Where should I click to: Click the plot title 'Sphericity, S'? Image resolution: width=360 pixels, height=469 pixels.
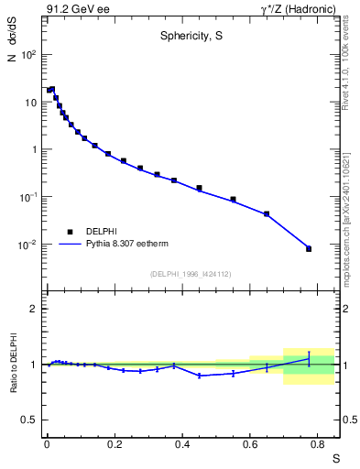(191, 38)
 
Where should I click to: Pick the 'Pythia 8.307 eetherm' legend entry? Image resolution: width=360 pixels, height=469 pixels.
(128, 244)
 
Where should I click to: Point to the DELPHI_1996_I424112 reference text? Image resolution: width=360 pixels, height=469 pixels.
(191, 274)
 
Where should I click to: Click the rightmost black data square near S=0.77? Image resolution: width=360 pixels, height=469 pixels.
(309, 248)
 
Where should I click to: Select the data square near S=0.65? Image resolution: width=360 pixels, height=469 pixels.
(267, 213)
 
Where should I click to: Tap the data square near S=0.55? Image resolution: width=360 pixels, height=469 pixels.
(233, 199)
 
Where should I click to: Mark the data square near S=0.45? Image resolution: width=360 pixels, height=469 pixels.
(199, 188)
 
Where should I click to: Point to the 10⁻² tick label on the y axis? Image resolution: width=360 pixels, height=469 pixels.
(28, 245)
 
